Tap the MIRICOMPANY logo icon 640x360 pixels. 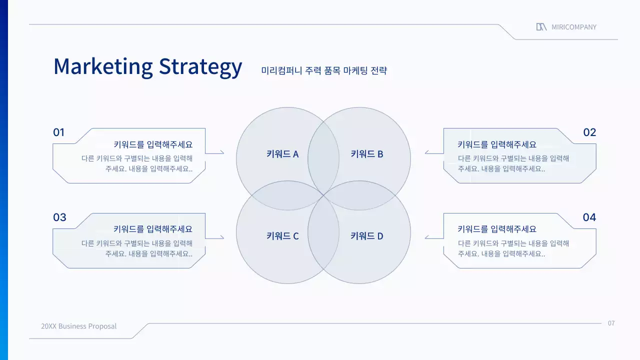tap(541, 27)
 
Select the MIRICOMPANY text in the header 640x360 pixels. tap(574, 27)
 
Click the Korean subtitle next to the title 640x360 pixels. tap(324, 70)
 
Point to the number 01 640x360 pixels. tap(59, 132)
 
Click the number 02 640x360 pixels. tap(589, 132)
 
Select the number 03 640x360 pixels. tap(59, 217)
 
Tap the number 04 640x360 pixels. tap(589, 217)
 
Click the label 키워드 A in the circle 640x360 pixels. tap(282, 154)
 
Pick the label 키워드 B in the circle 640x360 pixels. tap(367, 154)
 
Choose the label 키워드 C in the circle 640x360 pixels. tap(282, 236)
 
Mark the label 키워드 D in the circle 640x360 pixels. tap(367, 236)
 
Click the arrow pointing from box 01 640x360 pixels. tap(215, 152)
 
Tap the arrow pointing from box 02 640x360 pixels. tap(433, 152)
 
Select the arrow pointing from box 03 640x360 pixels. tap(215, 237)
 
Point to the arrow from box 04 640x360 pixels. tap(433, 237)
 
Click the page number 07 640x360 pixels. tap(611, 323)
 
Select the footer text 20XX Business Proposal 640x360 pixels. tap(79, 326)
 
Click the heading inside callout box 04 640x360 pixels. tap(497, 229)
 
